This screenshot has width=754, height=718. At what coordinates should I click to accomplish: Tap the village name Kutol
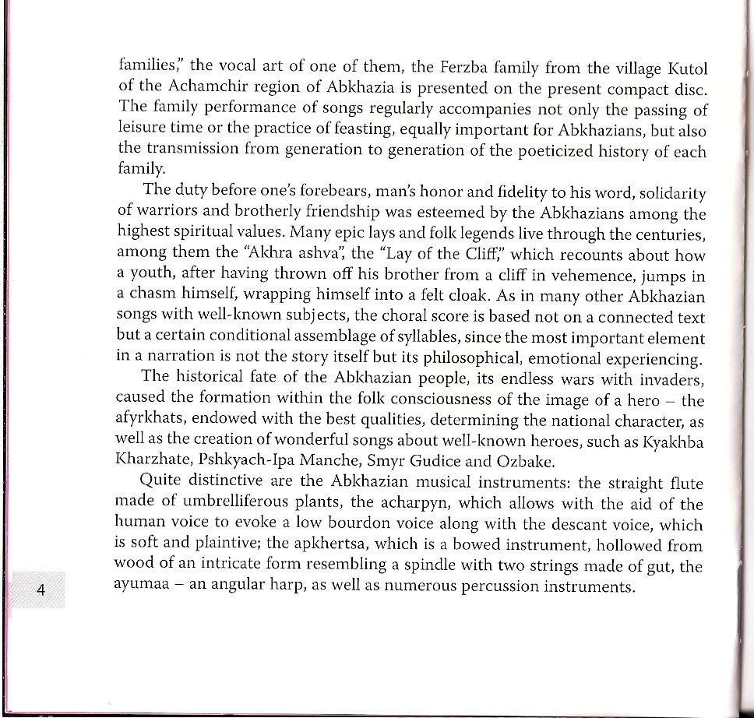click(x=685, y=66)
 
